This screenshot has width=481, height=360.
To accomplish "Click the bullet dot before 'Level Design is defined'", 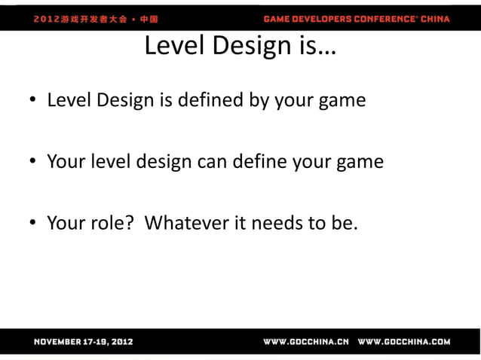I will [35, 101].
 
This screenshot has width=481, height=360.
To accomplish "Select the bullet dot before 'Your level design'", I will [35, 163].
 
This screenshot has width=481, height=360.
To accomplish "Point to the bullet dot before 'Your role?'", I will [35, 224].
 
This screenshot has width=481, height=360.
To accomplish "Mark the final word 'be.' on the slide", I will [339, 223].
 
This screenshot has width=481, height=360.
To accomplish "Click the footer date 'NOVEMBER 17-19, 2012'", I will [83, 342].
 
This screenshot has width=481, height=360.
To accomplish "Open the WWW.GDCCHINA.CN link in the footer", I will [305, 342].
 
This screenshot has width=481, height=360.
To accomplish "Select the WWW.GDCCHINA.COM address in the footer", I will [404, 342].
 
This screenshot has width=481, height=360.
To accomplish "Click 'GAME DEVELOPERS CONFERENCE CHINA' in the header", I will [357, 18].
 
